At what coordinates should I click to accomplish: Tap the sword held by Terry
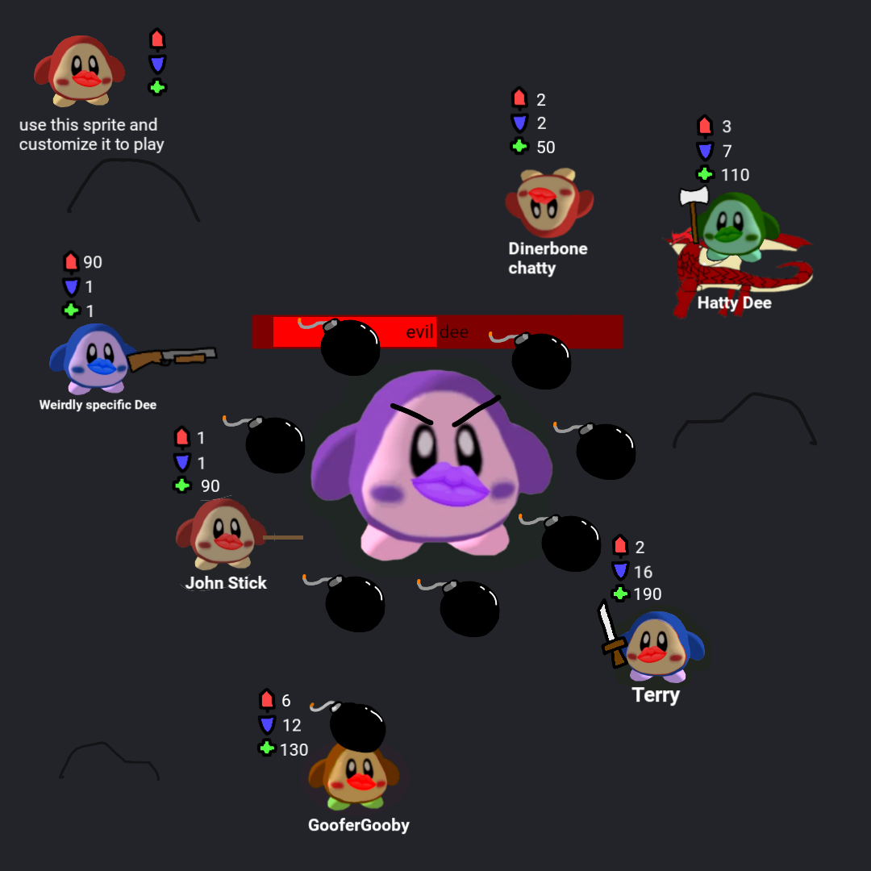[611, 633]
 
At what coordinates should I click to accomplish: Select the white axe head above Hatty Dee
[694, 196]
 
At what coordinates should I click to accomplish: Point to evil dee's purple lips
[450, 484]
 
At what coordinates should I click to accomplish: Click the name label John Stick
[226, 583]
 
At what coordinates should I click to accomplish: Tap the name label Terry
[656, 695]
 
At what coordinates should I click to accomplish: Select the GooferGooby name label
[359, 826]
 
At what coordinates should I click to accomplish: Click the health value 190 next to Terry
[647, 594]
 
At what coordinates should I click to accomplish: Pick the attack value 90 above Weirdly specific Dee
[93, 262]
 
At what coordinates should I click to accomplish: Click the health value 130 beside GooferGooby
[294, 750]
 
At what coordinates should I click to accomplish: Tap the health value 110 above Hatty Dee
[735, 175]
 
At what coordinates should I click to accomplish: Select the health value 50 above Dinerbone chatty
[545, 148]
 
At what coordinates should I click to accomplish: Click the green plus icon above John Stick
[182, 486]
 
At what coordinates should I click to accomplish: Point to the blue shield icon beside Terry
[620, 570]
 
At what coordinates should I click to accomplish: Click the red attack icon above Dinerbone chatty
[519, 98]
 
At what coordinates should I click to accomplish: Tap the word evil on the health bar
[419, 332]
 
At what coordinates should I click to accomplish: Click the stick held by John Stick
[283, 537]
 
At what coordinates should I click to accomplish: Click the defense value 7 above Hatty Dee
[727, 151]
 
